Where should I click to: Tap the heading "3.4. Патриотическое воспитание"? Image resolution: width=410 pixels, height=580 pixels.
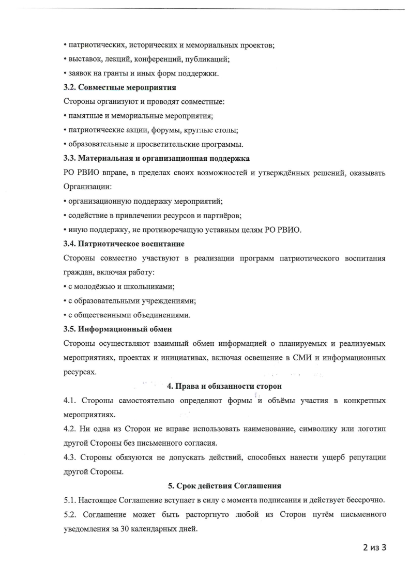(x=124, y=243)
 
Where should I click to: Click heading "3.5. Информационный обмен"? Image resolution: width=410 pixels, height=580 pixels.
(x=117, y=329)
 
